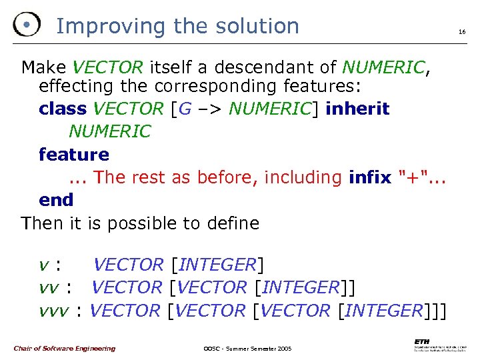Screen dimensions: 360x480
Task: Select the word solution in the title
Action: tap(259, 26)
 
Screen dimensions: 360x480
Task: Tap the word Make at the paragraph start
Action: tap(43, 67)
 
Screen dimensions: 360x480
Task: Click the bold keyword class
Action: tap(63, 109)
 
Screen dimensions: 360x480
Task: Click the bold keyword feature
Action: tap(74, 155)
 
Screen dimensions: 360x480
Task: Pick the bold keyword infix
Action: tap(370, 177)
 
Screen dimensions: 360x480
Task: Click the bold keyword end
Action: tap(56, 200)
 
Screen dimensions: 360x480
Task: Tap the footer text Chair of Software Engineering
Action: tap(64, 348)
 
